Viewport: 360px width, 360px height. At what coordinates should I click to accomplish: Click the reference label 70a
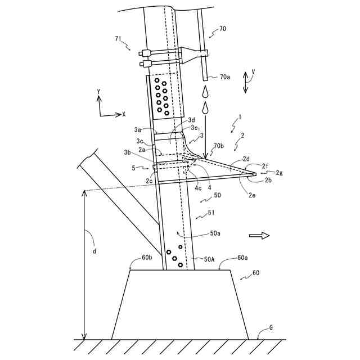coord(224,77)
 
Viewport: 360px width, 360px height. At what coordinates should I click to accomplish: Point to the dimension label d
coord(94,251)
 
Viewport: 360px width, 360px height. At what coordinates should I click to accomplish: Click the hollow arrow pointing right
coord(259,236)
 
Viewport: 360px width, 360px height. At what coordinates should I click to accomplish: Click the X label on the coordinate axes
coord(123,114)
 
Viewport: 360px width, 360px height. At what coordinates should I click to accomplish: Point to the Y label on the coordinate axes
coord(99,91)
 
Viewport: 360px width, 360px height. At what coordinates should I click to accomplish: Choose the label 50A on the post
coord(209,259)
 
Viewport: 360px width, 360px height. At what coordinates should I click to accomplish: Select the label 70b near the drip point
coord(218,146)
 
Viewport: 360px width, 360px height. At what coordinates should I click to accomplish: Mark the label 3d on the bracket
coord(191,120)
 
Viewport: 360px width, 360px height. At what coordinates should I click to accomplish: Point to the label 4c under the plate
coord(198,188)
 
